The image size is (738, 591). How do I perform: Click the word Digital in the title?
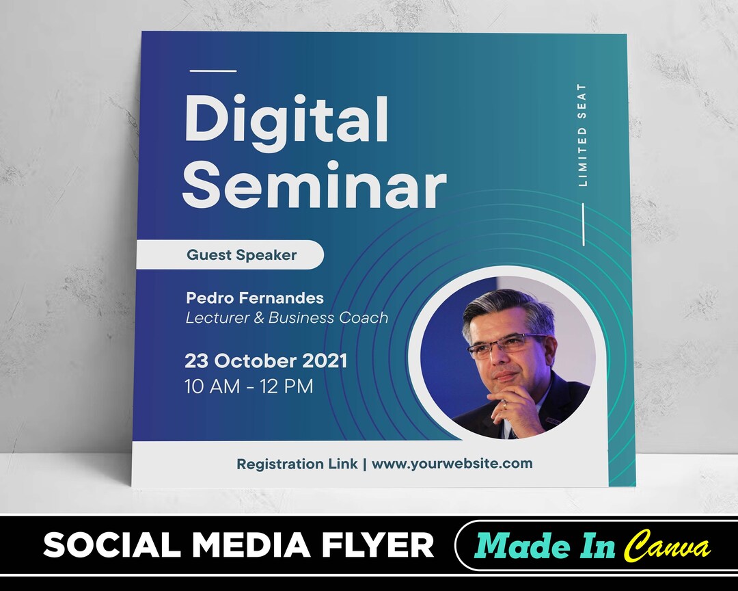point(286,120)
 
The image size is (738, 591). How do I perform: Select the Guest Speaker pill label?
point(241,255)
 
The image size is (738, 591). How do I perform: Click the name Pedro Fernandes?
point(255,298)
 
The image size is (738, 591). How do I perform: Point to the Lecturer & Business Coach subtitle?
point(287,317)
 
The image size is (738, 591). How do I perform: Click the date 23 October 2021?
point(266,360)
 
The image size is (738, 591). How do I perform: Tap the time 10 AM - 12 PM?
point(249,386)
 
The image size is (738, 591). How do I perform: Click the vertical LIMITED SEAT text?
point(582,135)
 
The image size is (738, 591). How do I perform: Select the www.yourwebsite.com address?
point(452,463)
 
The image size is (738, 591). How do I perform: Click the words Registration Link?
point(297,464)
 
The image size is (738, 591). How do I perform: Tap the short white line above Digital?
point(213,70)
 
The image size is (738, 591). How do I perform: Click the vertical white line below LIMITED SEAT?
point(583,224)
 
